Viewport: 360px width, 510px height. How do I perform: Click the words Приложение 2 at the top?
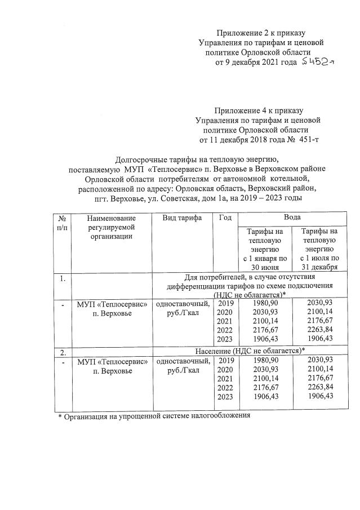click(241, 33)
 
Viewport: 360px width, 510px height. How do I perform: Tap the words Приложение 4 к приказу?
click(259, 110)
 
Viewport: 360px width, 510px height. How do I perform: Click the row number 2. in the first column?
click(63, 352)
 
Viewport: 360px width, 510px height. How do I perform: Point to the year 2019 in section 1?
click(225, 303)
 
